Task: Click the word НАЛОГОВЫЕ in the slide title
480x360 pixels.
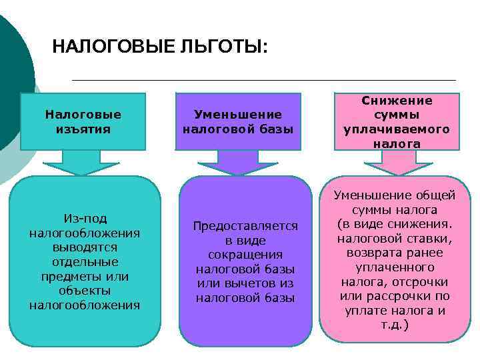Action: click(113, 47)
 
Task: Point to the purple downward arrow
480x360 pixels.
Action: click(238, 164)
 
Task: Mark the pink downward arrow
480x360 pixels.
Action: click(398, 164)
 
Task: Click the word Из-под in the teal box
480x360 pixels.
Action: click(85, 219)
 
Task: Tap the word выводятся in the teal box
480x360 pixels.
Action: click(85, 247)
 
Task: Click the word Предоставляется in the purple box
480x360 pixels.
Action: click(245, 226)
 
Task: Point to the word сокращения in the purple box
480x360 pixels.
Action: click(245, 255)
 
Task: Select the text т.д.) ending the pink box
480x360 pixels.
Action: click(395, 325)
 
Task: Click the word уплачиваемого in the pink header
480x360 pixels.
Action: click(397, 129)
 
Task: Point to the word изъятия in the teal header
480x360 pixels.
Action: click(84, 129)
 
